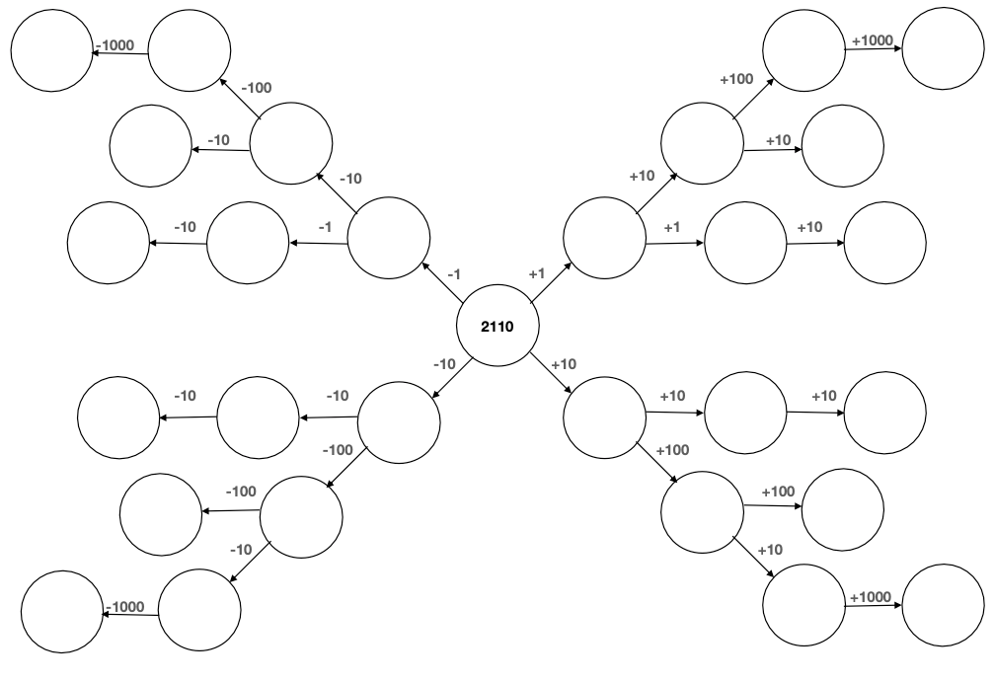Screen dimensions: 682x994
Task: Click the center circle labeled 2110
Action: [x=497, y=326]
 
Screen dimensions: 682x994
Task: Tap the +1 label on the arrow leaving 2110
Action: [x=537, y=273]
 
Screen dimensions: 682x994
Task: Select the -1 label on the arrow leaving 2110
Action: [x=454, y=273]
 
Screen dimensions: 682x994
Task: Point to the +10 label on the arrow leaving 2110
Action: [x=563, y=364]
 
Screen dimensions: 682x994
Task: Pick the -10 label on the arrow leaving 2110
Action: [x=444, y=364]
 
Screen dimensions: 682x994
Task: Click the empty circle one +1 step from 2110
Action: [x=604, y=237]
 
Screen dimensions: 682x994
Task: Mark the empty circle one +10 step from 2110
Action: [x=604, y=417]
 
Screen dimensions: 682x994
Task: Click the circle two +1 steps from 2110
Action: [x=745, y=243]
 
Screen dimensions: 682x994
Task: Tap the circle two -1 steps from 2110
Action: [x=248, y=243]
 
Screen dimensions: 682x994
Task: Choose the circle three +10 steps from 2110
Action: [x=885, y=413]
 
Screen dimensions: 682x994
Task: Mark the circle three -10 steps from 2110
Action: [x=118, y=419]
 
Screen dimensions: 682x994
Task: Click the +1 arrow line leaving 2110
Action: [x=551, y=282]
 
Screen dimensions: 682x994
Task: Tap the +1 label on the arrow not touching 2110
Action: [x=672, y=227]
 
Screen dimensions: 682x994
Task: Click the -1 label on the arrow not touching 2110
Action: [x=325, y=227]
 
